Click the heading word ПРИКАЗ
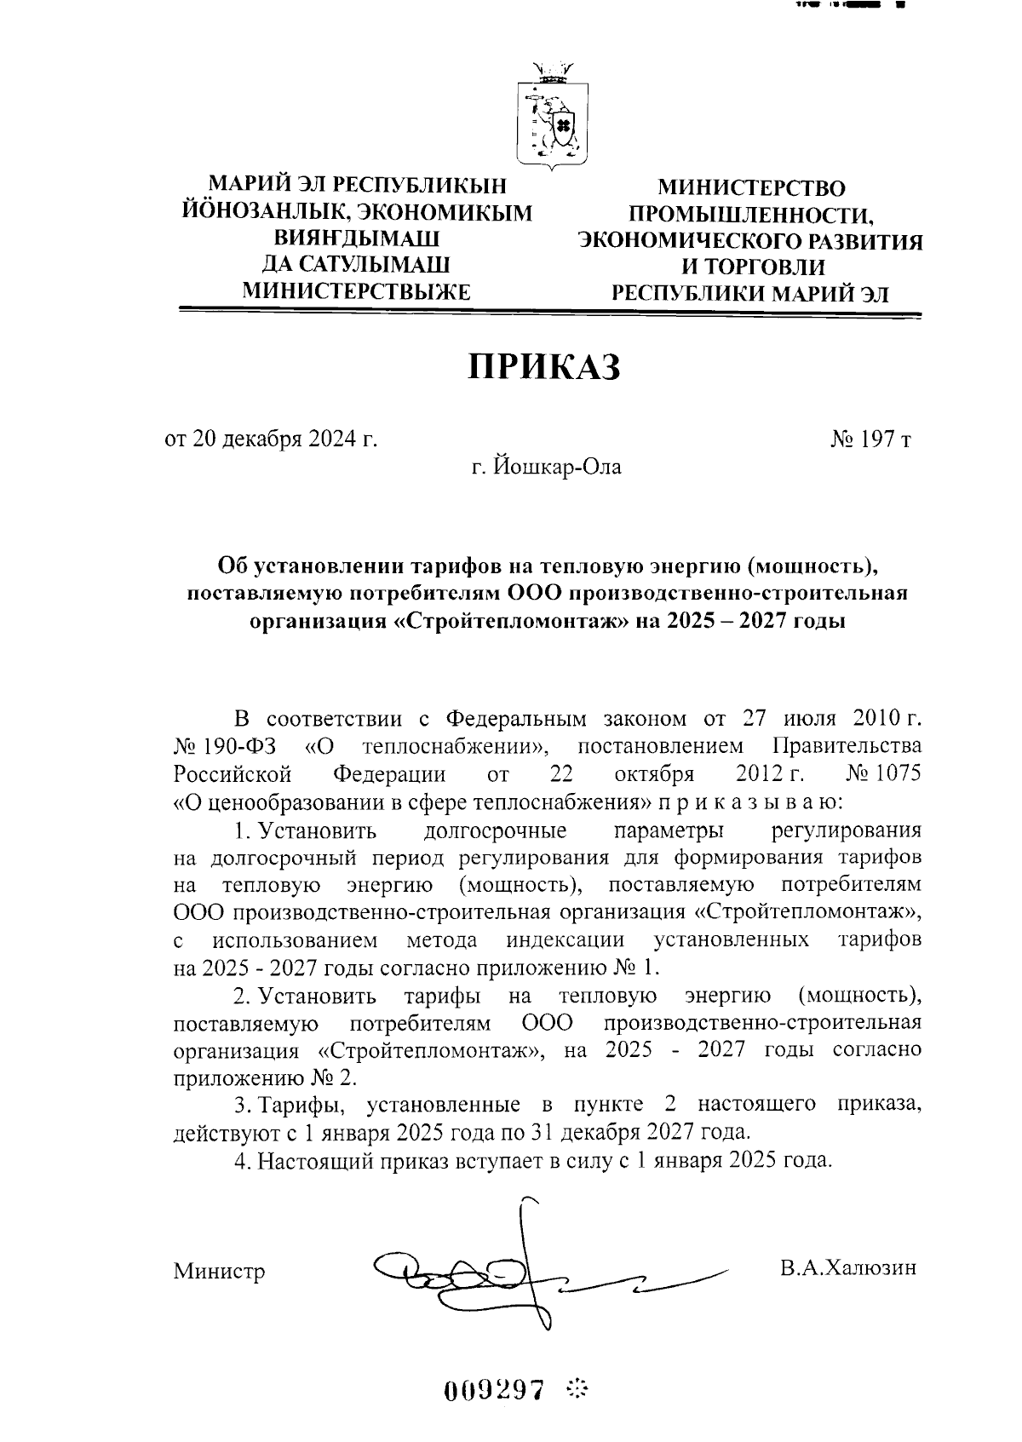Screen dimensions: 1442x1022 click(544, 366)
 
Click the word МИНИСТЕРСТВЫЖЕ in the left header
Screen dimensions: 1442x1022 click(357, 291)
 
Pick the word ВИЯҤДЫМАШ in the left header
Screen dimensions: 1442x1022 click(357, 238)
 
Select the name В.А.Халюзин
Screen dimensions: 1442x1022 click(848, 1267)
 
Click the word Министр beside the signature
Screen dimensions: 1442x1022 click(219, 1272)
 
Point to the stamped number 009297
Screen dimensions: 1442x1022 click(495, 1389)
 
